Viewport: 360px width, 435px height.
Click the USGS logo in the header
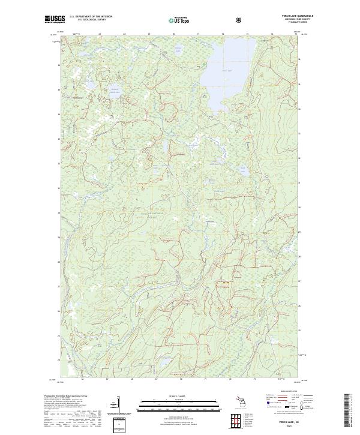coord(54,20)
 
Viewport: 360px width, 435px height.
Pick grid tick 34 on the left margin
coord(58,114)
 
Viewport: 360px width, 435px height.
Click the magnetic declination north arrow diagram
coord(119,405)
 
